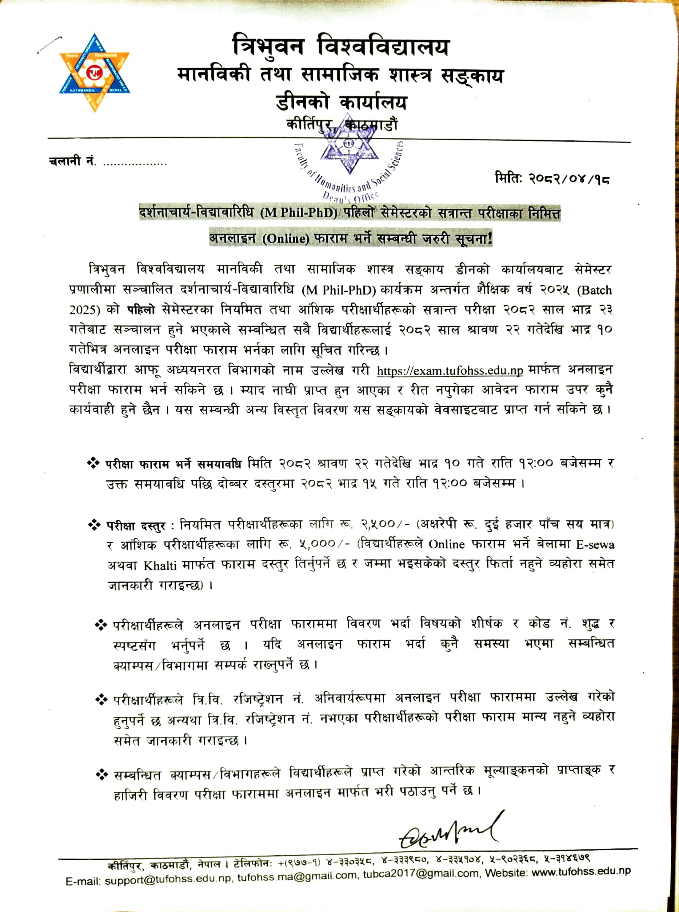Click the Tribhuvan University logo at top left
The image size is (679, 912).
coord(95,73)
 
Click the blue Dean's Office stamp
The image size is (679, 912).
coord(349,162)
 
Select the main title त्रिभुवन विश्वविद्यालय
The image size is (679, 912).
coord(341,46)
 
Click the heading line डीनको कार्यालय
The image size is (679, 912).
coord(341,103)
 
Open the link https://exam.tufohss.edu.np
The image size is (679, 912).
coord(450,371)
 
